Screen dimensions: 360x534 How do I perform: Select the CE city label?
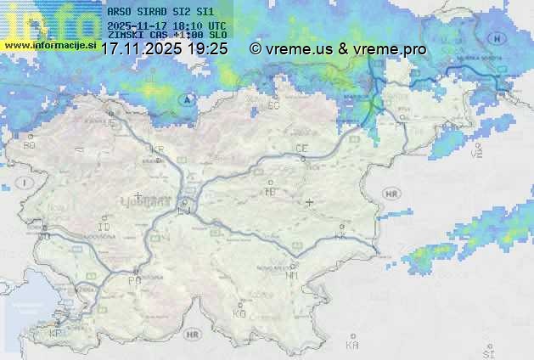[x=301, y=149]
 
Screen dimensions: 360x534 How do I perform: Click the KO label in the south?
[x=239, y=314]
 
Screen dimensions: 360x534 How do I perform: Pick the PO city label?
[x=133, y=280]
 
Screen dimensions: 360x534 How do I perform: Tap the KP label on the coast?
[x=56, y=334]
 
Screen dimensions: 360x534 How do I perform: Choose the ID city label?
[x=104, y=228]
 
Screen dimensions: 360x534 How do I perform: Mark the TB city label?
[x=271, y=192]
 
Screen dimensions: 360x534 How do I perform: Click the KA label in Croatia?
[x=352, y=346]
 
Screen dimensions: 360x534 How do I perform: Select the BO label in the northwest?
[x=31, y=146]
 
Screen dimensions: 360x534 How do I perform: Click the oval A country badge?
[x=186, y=99]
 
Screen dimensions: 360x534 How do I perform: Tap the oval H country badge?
[x=498, y=38]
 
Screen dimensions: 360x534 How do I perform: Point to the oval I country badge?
[x=26, y=183]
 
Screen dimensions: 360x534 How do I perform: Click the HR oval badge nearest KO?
[x=194, y=335]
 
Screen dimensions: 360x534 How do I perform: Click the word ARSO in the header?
[x=119, y=12]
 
